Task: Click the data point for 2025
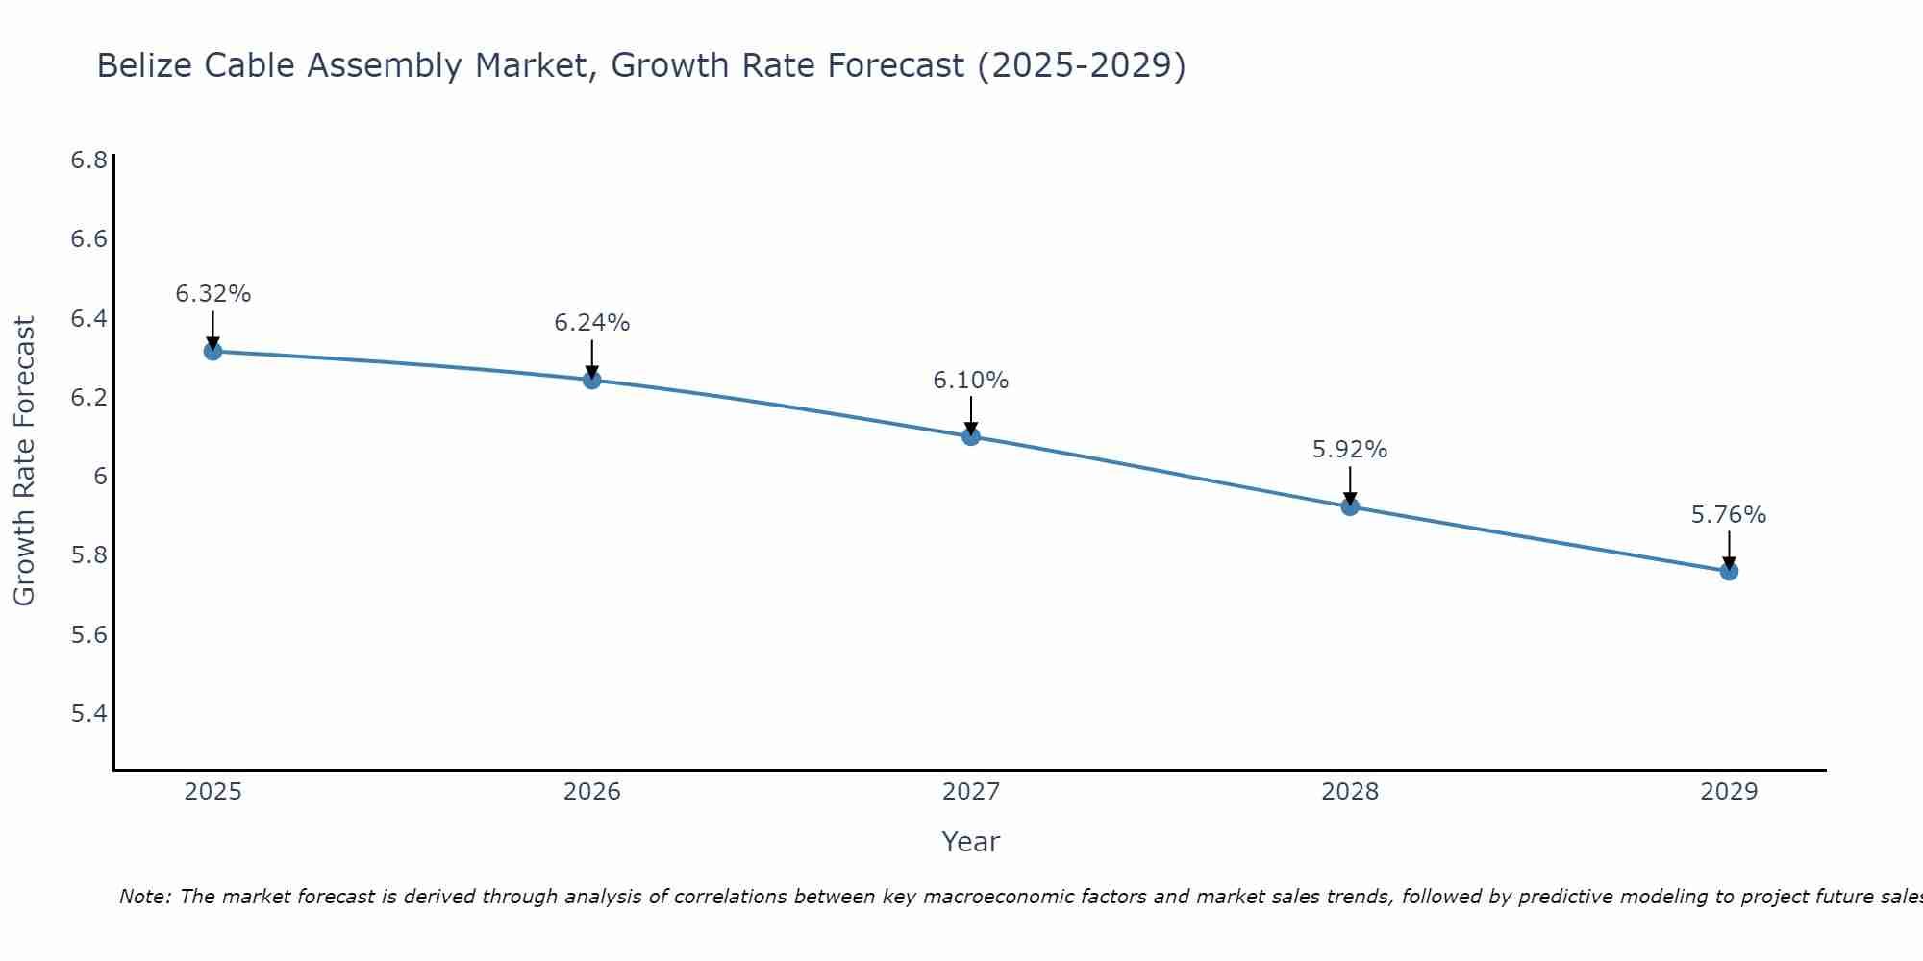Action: pyautogui.click(x=212, y=352)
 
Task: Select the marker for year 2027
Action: pyautogui.click(x=971, y=437)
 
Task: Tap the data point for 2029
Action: pyautogui.click(x=1729, y=572)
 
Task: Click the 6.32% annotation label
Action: pyautogui.click(x=212, y=294)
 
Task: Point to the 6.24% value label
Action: pyautogui.click(x=591, y=323)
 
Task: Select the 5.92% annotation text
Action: pyautogui.click(x=1350, y=450)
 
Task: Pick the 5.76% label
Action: pyautogui.click(x=1729, y=515)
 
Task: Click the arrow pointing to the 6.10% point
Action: pyautogui.click(x=971, y=416)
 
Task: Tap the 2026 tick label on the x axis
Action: pyautogui.click(x=591, y=792)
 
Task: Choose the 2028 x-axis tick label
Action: pyautogui.click(x=1350, y=792)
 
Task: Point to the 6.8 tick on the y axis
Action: pyautogui.click(x=88, y=160)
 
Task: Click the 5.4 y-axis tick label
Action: pyautogui.click(x=88, y=714)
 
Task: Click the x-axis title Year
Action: pyautogui.click(x=971, y=842)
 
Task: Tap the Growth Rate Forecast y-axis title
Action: pyautogui.click(x=24, y=461)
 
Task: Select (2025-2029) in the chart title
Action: pyautogui.click(x=1081, y=65)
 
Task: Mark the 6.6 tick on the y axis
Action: pyautogui.click(x=88, y=239)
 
